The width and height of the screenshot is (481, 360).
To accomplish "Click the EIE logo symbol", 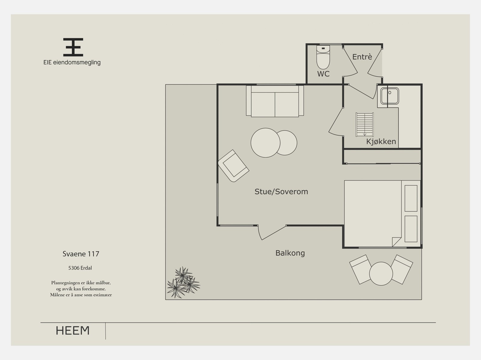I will tap(73, 47).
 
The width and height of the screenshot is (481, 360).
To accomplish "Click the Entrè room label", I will tap(362, 57).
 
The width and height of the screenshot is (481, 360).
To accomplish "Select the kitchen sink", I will tap(389, 95).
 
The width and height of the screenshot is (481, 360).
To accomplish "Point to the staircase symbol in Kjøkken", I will tap(365, 124).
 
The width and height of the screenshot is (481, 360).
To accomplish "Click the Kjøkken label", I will tap(381, 142).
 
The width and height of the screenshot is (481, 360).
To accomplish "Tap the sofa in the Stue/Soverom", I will tap(275, 101).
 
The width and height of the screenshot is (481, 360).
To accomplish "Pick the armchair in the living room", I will tap(233, 166).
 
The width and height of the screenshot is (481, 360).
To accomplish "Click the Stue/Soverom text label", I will tap(281, 192).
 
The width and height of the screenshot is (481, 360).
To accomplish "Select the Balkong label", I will tap(290, 253).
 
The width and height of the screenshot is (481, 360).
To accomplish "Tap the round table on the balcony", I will tap(381, 273).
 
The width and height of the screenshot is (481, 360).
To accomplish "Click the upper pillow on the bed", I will tap(411, 198).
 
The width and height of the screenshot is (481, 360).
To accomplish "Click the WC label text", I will tap(323, 74).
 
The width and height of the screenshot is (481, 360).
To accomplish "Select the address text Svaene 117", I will tap(81, 254).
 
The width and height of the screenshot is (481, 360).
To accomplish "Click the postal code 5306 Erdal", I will tap(80, 268).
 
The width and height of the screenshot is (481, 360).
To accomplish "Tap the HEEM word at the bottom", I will tap(73, 331).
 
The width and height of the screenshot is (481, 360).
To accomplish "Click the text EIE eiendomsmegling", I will tap(72, 63).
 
